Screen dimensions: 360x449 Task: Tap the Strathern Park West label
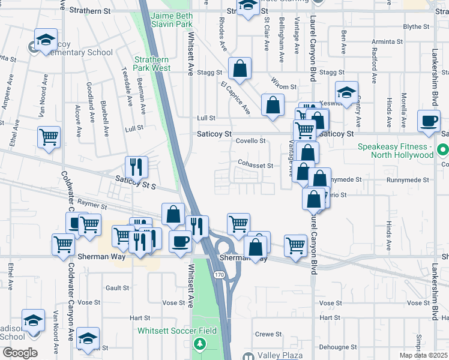click(152, 64)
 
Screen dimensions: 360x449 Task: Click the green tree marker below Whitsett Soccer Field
click(199, 344)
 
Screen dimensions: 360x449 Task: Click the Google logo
click(19, 353)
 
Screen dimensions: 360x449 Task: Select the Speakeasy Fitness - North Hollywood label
click(395, 151)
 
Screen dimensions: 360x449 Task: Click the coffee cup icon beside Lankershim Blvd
click(429, 121)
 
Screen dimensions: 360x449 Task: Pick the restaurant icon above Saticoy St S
click(136, 166)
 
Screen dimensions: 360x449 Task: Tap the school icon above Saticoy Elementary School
click(46, 40)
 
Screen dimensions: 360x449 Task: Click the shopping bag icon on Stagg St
click(240, 70)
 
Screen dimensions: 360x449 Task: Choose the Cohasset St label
click(255, 166)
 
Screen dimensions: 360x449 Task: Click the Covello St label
click(250, 141)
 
